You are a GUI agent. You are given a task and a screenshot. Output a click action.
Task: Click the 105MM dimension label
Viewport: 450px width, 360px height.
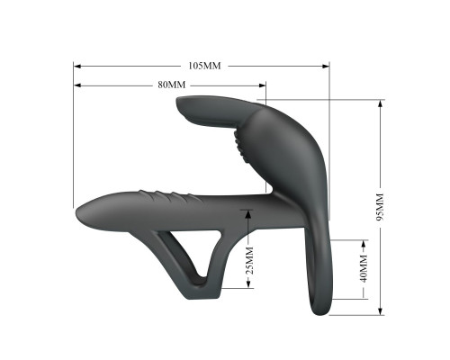204,66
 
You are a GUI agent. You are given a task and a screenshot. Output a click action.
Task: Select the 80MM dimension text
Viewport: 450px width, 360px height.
172,85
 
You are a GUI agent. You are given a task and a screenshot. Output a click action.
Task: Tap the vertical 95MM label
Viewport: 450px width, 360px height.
380,207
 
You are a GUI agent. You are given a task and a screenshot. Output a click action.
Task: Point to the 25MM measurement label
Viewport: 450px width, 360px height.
249,260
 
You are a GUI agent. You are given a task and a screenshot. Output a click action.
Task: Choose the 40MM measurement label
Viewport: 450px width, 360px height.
364,268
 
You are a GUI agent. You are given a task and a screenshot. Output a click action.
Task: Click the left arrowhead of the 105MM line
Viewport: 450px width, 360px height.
77,66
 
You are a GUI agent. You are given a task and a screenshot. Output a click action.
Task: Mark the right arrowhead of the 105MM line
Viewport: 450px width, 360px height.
326,66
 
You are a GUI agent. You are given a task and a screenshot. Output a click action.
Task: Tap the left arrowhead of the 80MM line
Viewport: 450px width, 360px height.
77,85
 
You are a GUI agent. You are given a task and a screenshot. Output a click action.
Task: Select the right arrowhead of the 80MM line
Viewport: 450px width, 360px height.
262,85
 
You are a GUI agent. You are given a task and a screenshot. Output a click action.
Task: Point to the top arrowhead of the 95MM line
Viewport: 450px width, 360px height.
380,103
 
